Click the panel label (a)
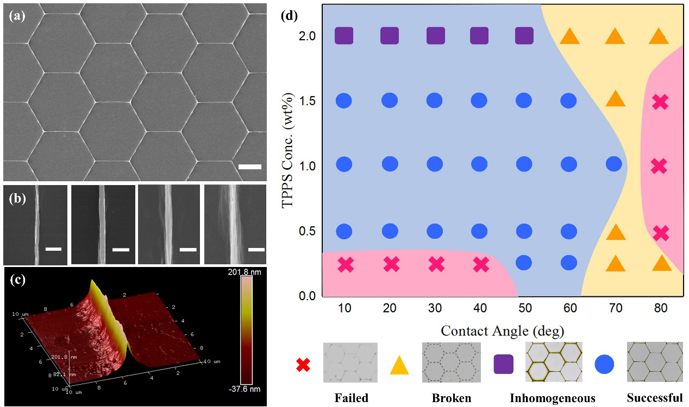pos(16,16)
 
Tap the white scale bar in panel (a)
pos(250,167)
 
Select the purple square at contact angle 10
pos(344,36)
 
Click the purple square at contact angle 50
pos(524,36)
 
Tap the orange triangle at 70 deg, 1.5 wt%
pos(615,99)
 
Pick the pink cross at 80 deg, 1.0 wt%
pos(659,166)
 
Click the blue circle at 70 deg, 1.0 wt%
pos(613,163)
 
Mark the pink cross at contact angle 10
pos(346,265)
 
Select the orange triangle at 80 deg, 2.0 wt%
pos(659,36)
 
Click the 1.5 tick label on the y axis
pos(309,101)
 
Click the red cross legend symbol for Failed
pos(303,365)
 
